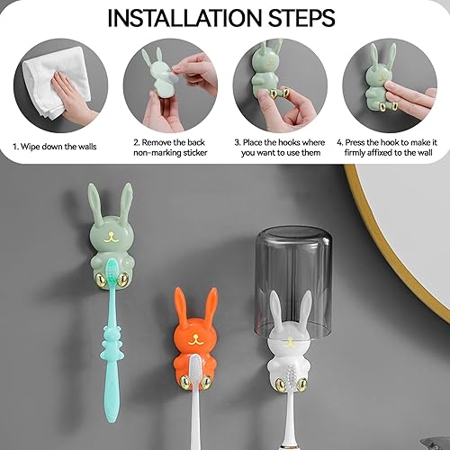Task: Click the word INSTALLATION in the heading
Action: pyautogui.click(x=185, y=18)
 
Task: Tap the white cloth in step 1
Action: pyautogui.click(x=57, y=81)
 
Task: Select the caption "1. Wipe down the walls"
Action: pyautogui.click(x=54, y=147)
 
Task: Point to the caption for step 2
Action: pyautogui.click(x=170, y=148)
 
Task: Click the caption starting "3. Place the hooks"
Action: pyautogui.click(x=280, y=148)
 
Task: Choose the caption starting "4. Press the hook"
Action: pyautogui.click(x=387, y=148)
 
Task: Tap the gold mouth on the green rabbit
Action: pyautogui.click(x=110, y=237)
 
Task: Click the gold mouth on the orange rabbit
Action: pyautogui.click(x=195, y=339)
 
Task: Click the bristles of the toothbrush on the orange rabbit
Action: pyautogui.click(x=195, y=368)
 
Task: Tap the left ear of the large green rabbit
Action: pyautogui.click(x=95, y=203)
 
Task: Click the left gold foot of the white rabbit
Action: pyautogui.click(x=281, y=383)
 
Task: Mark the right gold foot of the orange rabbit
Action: pyautogui.click(x=206, y=382)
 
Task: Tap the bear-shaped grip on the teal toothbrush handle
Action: pyautogui.click(x=112, y=342)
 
